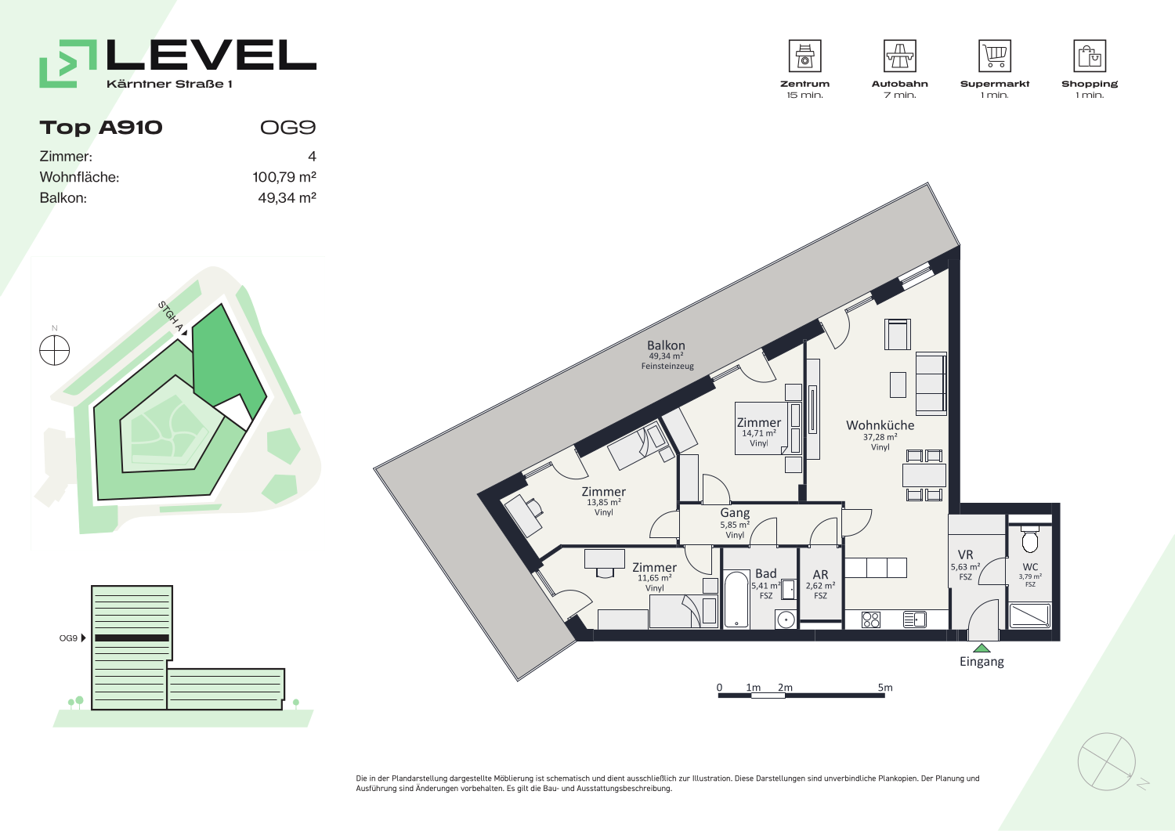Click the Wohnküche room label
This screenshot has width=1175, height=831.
880,425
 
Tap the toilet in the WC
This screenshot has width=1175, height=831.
1030,540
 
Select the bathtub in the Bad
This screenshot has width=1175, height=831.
736,600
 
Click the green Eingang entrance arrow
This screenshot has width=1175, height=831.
982,649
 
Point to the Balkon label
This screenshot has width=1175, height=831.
666,345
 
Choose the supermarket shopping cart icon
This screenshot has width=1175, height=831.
995,56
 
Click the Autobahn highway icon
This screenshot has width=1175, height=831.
899,56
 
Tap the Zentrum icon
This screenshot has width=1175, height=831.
804,56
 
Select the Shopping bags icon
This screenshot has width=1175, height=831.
1090,56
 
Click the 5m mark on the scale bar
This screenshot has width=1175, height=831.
885,687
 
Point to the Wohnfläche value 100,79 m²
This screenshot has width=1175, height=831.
284,177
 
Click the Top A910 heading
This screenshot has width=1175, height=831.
101,128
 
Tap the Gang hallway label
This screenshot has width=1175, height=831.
735,512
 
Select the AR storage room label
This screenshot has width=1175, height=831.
820,575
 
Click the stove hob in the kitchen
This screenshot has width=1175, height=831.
871,620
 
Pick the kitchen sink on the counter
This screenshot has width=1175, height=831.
914,620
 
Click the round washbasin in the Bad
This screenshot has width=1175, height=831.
786,620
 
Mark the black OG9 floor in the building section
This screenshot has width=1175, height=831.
132,638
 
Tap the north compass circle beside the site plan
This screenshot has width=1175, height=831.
55,350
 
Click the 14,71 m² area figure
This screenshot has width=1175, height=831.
758,433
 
